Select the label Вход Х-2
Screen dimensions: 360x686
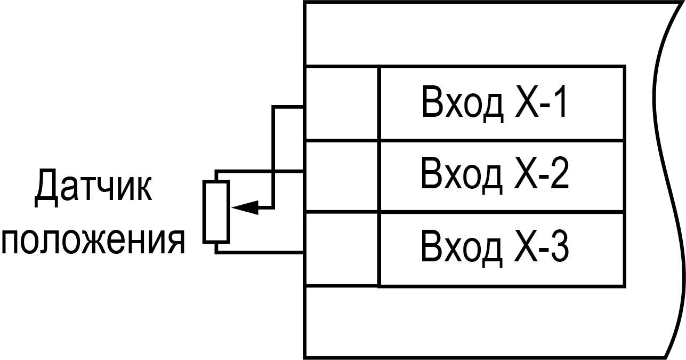(x=495, y=174)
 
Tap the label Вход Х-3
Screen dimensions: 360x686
(x=495, y=246)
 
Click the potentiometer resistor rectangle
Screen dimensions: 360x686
(x=216, y=211)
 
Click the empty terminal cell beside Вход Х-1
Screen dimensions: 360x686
(x=341, y=103)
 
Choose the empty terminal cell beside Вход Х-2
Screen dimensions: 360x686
(x=341, y=176)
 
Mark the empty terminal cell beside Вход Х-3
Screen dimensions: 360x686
(x=341, y=249)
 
